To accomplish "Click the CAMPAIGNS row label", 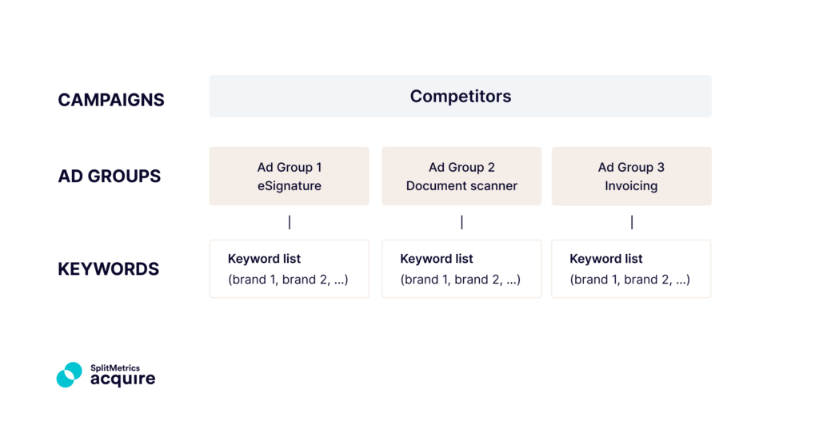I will point(111,100).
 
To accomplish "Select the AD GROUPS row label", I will point(110,177).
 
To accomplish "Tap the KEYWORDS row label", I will point(108,269).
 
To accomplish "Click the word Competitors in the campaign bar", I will point(460,97).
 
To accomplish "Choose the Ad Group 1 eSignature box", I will point(290,176).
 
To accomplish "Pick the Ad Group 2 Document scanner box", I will point(461,176).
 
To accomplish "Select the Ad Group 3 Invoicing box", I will point(631,176).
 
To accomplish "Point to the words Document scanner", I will point(461,186).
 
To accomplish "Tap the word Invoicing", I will point(631,186).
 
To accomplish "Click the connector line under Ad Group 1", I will point(290,222).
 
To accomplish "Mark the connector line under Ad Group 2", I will point(461,222).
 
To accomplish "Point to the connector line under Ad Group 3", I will point(632,222).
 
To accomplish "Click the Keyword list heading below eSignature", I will point(264,259).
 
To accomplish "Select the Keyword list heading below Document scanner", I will point(437,259).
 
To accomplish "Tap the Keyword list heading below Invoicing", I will point(606,259).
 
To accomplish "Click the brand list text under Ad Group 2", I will point(461,280).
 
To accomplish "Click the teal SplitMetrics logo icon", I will point(70,375).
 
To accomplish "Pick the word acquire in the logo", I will point(122,379).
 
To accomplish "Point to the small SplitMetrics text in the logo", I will point(114,367).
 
